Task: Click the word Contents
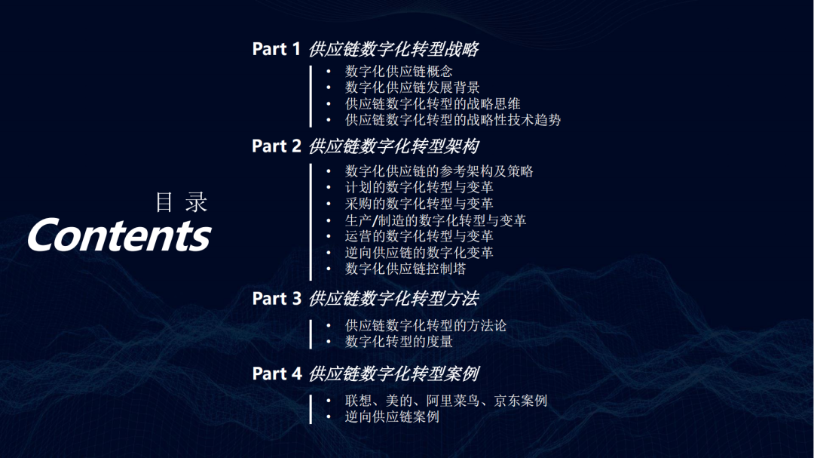coord(119,235)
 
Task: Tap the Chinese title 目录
coord(181,202)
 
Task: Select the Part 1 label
coord(276,49)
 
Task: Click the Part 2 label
coord(276,146)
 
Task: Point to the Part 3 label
coord(276,298)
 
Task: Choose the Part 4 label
coord(277,373)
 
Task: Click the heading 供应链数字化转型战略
coord(393,49)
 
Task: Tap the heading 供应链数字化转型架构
coord(393,146)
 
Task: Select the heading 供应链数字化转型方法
coord(393,299)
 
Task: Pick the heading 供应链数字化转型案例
coord(393,373)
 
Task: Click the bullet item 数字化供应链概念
coord(399,71)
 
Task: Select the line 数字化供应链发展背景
coord(412,88)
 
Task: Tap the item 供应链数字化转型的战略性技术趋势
coord(453,120)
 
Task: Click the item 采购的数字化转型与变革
coord(419,204)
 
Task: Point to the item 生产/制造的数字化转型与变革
coord(436,220)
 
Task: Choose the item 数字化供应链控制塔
coord(405,269)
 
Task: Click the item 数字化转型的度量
coord(399,342)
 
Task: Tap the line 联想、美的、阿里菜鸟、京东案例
coord(446,401)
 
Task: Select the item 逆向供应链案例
coord(392,417)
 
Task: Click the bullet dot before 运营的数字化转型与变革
coord(329,236)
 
